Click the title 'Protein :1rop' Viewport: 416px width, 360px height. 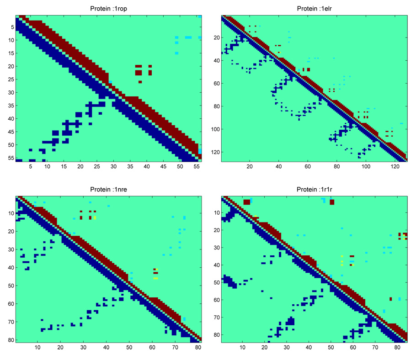(x=108, y=9)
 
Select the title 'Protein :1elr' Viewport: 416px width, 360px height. (x=314, y=9)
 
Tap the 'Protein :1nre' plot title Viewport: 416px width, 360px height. (x=108, y=189)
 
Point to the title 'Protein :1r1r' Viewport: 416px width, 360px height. (x=314, y=189)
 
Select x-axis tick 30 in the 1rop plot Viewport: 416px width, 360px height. (x=113, y=168)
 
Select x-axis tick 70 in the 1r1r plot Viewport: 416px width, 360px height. (x=375, y=348)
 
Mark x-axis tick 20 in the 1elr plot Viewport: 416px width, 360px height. (x=250, y=168)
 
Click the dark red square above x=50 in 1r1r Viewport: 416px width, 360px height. (x=332, y=202)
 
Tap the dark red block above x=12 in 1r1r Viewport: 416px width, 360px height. (x=247, y=202)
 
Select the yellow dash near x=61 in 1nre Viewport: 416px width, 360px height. (x=155, y=278)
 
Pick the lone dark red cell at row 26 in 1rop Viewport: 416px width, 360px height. (x=140, y=82)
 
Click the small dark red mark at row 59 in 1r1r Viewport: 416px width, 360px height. (x=390, y=299)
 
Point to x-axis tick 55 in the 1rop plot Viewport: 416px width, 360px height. (x=196, y=168)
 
